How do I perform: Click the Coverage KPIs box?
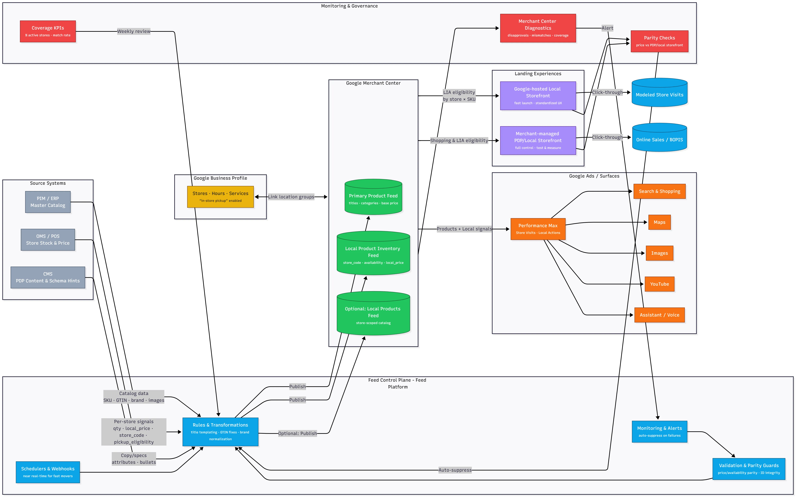coord(48,31)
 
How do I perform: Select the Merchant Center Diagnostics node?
coord(538,28)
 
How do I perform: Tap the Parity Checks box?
coord(659,41)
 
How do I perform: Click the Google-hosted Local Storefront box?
coord(538,96)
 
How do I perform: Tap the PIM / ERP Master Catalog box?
coord(48,202)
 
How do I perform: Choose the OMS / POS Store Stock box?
coord(48,240)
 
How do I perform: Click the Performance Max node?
coord(538,229)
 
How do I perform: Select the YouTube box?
coord(659,284)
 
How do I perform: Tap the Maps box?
coord(659,222)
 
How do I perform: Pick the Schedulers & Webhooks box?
coord(48,472)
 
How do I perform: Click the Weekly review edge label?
coord(134,31)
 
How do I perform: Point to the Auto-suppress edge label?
coord(455,470)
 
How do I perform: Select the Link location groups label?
coord(291,197)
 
